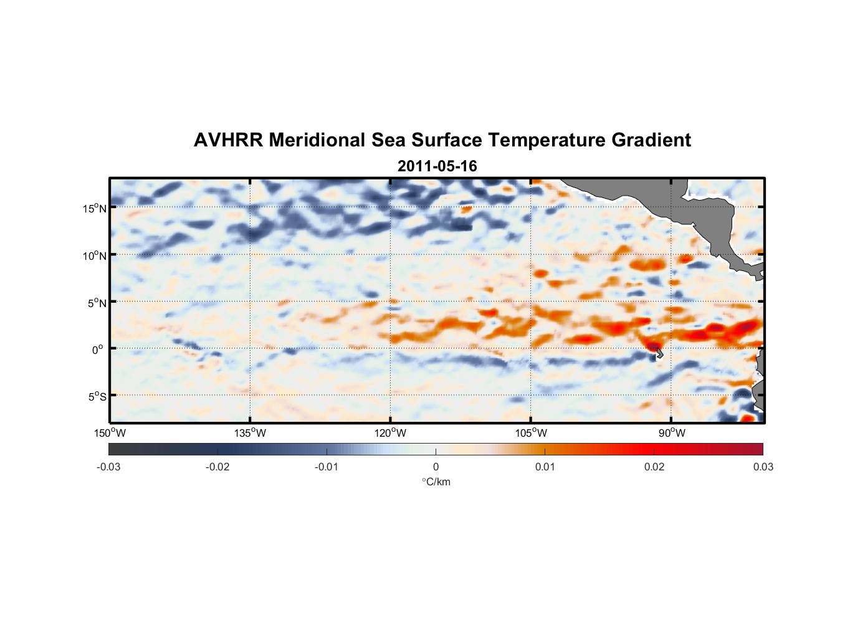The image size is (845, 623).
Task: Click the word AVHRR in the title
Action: tap(228, 140)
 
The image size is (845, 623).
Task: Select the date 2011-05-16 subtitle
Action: tap(437, 166)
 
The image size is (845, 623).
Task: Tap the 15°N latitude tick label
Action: tap(95, 208)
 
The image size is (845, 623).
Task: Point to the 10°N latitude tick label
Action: tap(95, 255)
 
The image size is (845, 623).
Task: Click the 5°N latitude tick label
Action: tap(97, 303)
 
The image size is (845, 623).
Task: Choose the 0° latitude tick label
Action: tap(98, 350)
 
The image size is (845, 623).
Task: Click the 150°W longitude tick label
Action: tap(110, 433)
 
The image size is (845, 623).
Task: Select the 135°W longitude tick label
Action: tap(250, 433)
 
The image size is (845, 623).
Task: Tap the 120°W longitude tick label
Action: tap(390, 433)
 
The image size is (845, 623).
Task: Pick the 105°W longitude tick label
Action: tap(531, 433)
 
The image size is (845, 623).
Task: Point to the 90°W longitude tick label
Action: tap(672, 433)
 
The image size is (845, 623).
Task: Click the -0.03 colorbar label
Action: tap(108, 467)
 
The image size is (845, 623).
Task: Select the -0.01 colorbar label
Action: tap(327, 467)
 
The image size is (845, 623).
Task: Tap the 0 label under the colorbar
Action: tap(436, 467)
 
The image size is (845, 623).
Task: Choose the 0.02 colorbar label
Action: tap(654, 467)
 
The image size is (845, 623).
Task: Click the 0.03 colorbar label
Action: tap(763, 467)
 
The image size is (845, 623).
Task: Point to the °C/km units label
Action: tap(436, 482)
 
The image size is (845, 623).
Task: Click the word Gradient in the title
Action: tap(651, 140)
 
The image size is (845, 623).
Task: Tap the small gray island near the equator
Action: tap(659, 353)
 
